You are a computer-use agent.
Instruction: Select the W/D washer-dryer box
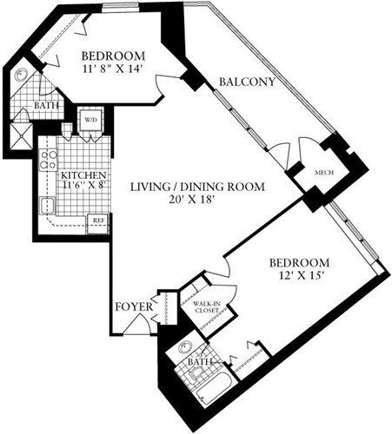click(x=90, y=120)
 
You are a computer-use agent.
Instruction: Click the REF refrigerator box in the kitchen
click(x=99, y=220)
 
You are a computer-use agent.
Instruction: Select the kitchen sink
click(x=47, y=206)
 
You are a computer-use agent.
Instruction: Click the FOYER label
click(x=134, y=308)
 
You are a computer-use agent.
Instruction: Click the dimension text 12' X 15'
click(x=298, y=277)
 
